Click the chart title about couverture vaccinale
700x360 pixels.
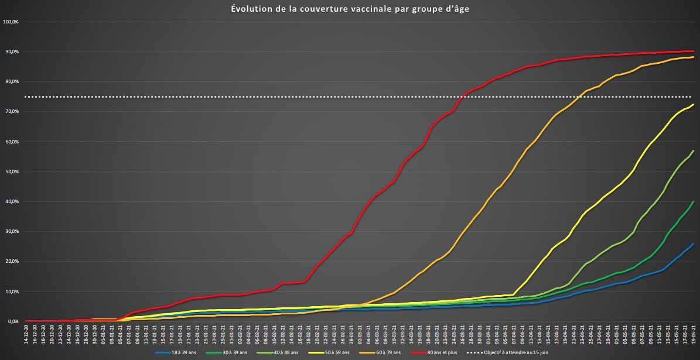(350, 9)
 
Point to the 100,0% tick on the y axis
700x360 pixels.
(11, 22)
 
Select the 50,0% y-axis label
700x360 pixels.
(11, 172)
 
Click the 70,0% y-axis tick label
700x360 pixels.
(11, 112)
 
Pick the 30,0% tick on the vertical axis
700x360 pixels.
(11, 232)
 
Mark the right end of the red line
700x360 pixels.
(694, 52)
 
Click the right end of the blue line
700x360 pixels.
(694, 244)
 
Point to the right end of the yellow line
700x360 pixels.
(694, 105)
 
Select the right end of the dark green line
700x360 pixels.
(694, 202)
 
